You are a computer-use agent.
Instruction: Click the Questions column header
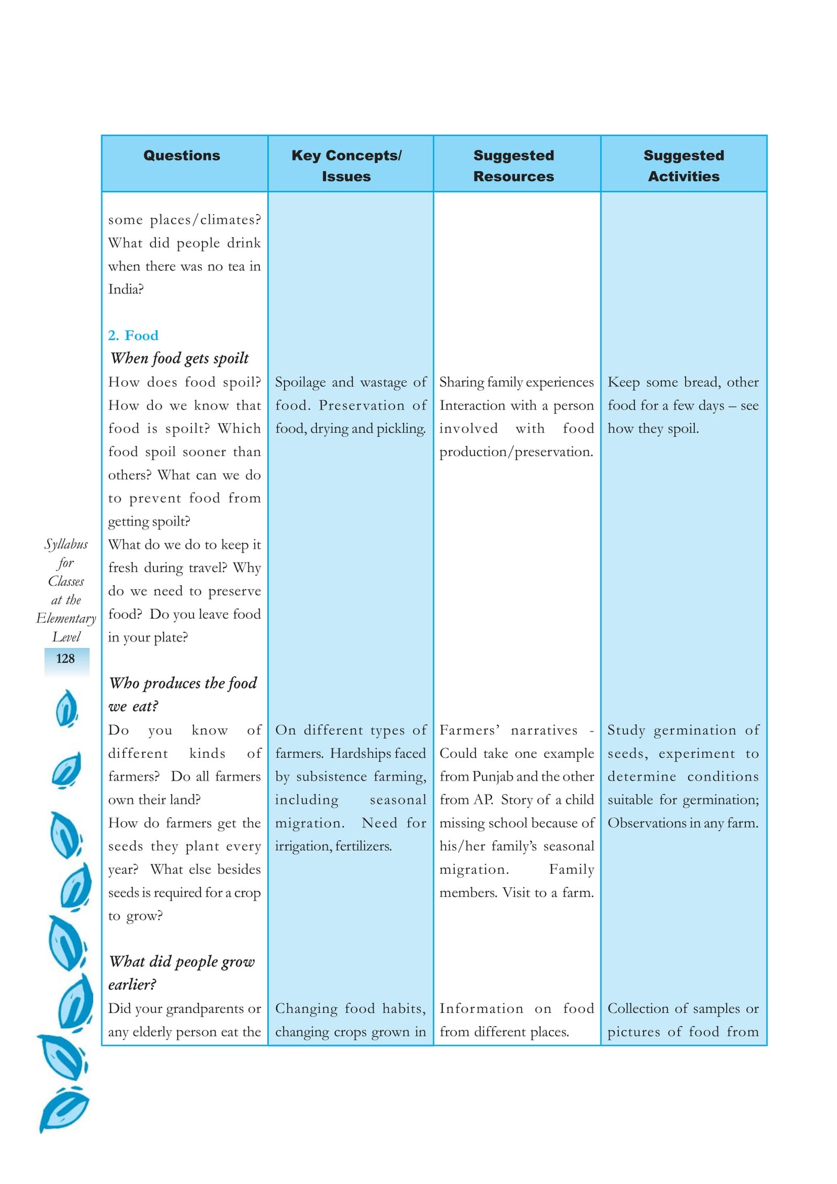182,155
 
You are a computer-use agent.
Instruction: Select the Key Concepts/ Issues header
346,165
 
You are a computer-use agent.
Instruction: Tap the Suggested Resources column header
513,165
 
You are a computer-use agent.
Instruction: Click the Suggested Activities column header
683,165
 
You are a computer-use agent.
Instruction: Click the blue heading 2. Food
133,335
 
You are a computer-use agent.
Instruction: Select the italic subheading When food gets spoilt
179,358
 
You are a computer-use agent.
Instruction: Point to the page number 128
65,658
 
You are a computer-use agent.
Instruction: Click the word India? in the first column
126,289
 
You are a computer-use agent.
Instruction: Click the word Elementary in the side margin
66,619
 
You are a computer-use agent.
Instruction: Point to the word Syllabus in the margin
66,544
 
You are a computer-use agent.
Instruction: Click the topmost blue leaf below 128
66,709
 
